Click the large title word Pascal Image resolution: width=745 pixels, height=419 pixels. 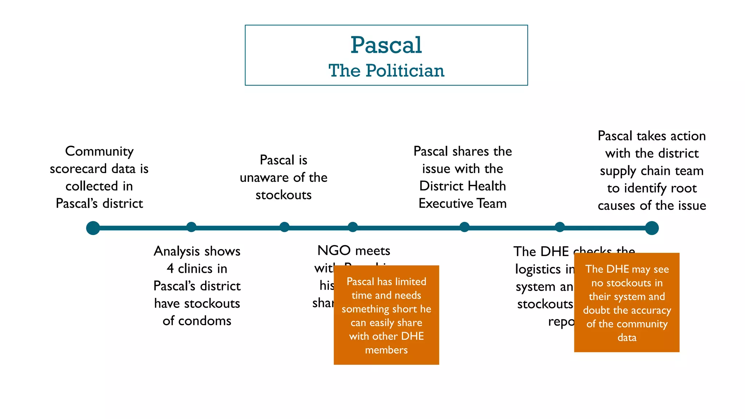tap(386, 45)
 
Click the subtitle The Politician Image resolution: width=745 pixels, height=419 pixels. tap(386, 71)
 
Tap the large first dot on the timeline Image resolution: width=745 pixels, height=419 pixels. tap(93, 228)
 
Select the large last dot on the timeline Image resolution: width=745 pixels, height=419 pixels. tap(652, 228)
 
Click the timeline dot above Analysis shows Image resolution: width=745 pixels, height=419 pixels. tap(191, 227)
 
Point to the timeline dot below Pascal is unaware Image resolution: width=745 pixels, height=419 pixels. tap(284, 227)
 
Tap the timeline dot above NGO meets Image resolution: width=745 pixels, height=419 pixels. tap(352, 227)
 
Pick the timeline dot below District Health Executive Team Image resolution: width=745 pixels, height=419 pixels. tap(465, 227)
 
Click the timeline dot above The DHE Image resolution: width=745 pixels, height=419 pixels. tap(560, 227)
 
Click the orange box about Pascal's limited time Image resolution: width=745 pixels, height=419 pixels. tap(386, 315)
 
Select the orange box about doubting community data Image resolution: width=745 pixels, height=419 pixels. tap(626, 303)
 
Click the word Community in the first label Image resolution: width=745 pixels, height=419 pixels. tap(99, 151)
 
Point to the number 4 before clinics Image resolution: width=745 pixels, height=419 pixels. tap(170, 269)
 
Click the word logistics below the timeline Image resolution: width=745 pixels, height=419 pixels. tap(533, 269)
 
